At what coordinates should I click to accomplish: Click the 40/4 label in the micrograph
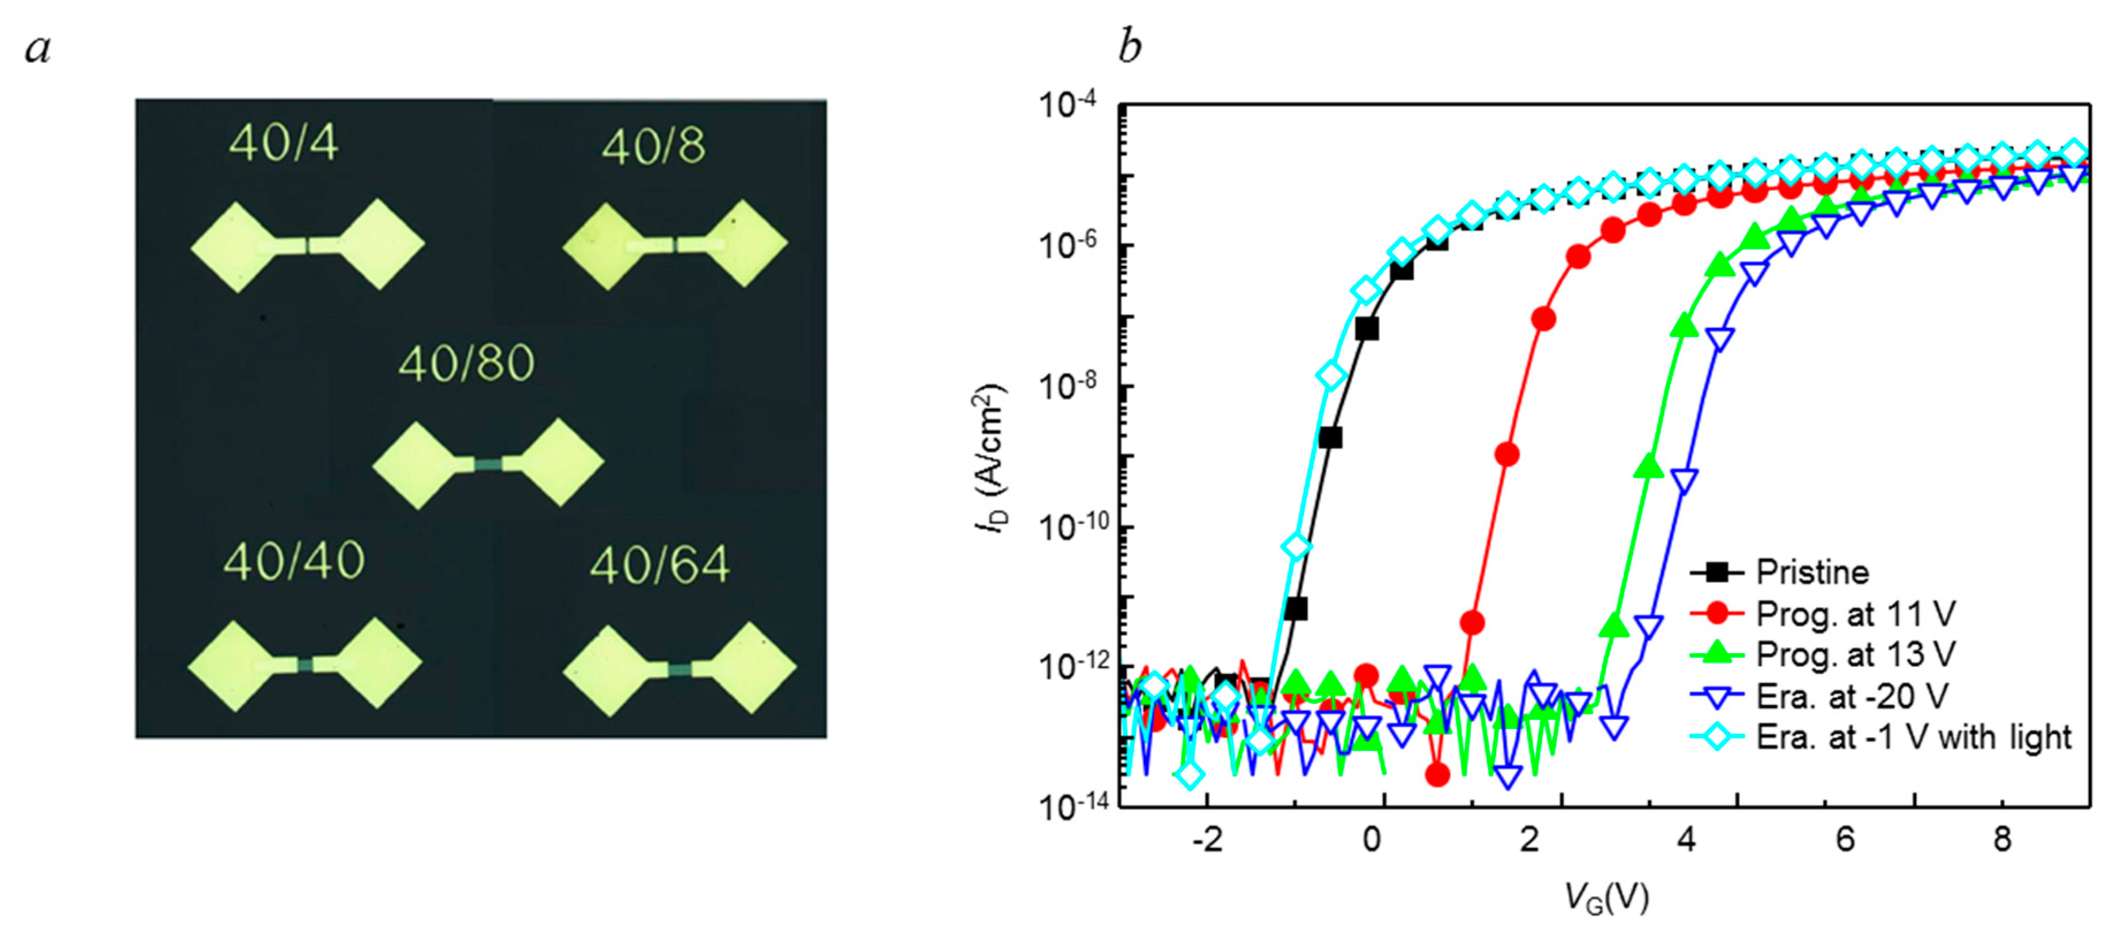point(284,143)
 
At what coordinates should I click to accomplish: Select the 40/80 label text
point(466,363)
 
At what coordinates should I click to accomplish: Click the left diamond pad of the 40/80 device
point(417,466)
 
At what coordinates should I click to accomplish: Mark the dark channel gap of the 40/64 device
point(680,670)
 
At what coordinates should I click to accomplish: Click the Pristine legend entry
point(1812,572)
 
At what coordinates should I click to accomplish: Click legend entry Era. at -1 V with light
point(1913,737)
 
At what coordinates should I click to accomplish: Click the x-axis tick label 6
point(1844,840)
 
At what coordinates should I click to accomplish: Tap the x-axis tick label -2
point(1208,840)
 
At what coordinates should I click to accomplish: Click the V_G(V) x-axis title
point(1606,898)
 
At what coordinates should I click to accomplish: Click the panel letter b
point(1130,46)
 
